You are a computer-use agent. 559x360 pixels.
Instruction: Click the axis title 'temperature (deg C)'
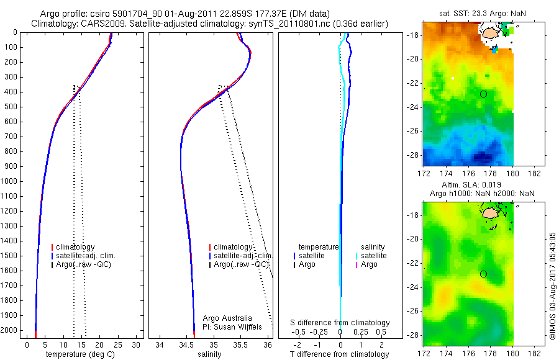point(80,354)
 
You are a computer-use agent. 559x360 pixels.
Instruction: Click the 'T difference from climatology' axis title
point(340,354)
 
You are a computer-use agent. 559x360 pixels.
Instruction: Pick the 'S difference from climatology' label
point(340,323)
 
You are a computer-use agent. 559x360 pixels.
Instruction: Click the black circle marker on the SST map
point(484,94)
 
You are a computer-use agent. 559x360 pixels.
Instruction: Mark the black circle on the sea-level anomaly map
point(484,274)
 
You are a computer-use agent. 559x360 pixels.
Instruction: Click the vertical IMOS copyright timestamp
point(552,287)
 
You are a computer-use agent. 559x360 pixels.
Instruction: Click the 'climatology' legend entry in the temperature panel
point(75,247)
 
